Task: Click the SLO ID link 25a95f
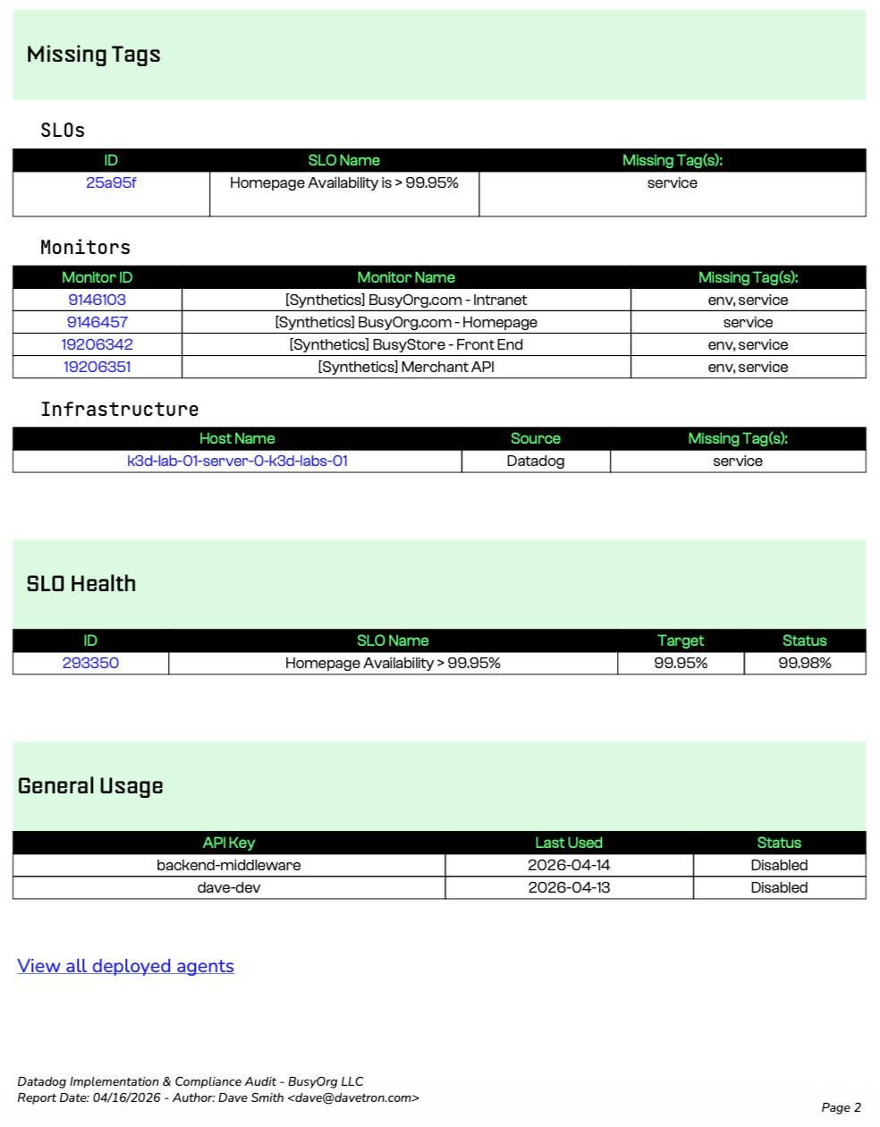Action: tap(111, 183)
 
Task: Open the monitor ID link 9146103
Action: tap(97, 300)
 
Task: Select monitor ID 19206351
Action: tap(97, 367)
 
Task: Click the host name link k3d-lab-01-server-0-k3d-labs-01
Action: tap(237, 461)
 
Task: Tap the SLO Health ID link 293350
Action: tap(90, 663)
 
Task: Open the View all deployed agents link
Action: tap(125, 966)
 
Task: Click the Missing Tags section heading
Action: tap(94, 55)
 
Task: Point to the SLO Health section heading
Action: tap(81, 584)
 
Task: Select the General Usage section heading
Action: tap(90, 786)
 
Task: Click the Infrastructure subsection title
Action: tap(120, 410)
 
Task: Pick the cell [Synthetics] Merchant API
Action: tap(406, 367)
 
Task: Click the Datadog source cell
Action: tap(536, 461)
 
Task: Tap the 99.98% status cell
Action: tap(805, 663)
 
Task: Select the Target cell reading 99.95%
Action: tap(681, 663)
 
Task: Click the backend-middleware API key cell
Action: tap(229, 865)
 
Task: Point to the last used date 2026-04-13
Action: tap(569, 887)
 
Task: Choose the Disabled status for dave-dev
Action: tap(779, 887)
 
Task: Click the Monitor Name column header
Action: tap(406, 277)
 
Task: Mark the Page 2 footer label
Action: tap(841, 1107)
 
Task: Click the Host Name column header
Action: tap(237, 438)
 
